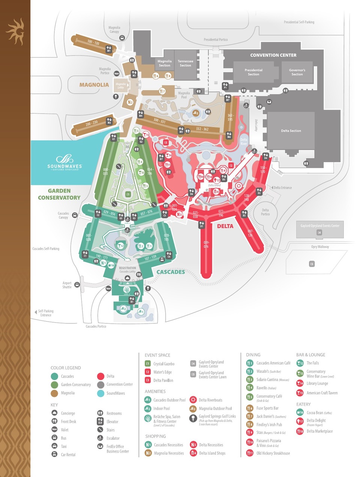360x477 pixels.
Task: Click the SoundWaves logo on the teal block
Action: tap(65, 162)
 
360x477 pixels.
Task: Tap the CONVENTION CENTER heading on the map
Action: tap(273, 55)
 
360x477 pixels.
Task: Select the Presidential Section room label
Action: tap(253, 72)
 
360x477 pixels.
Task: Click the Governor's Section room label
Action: tap(297, 72)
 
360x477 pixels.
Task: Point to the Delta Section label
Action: tap(291, 131)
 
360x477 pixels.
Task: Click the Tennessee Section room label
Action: tap(185, 63)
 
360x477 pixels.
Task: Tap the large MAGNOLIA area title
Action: tap(94, 85)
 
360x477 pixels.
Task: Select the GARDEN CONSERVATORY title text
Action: tap(59, 194)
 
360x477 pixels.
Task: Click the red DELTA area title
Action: tap(225, 226)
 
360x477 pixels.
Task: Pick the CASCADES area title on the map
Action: tap(170, 272)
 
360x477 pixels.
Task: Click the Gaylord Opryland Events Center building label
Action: tap(320, 226)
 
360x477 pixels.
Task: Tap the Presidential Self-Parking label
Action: tap(299, 22)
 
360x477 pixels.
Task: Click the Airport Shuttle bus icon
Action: tap(77, 285)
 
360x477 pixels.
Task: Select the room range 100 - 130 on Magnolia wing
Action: tap(93, 43)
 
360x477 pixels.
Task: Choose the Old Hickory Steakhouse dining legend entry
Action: tap(273, 453)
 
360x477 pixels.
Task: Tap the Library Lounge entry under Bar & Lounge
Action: tap(317, 383)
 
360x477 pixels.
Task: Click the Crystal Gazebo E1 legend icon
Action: tap(148, 364)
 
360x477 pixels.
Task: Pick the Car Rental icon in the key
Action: tap(54, 454)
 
